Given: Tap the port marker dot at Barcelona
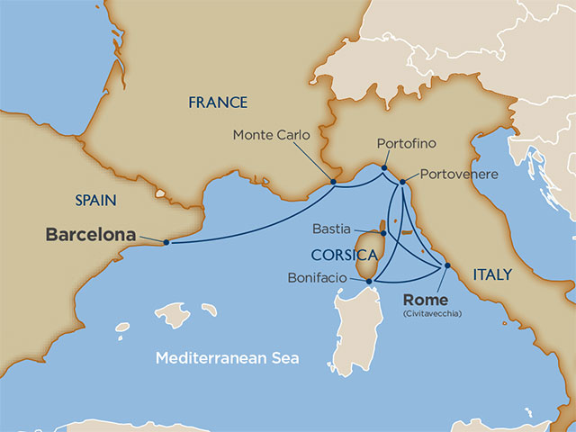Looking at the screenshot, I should (166, 241).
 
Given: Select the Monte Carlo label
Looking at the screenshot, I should (271, 135).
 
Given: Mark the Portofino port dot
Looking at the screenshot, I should (384, 167).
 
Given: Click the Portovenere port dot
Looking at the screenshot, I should (402, 183).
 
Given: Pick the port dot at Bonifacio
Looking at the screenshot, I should (370, 282).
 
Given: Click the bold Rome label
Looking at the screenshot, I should (426, 300).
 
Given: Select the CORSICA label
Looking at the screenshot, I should (344, 255).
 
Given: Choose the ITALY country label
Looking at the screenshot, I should (491, 274).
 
